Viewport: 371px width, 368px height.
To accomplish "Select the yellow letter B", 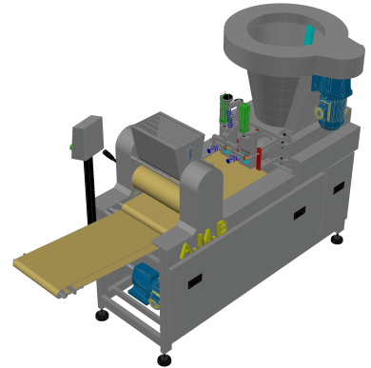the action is pos(222,227).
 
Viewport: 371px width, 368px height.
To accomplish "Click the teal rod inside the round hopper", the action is pos(309,35).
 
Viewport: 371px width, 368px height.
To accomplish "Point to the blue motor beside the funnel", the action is pos(331,102).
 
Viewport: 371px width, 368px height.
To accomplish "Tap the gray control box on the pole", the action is pos(88,138).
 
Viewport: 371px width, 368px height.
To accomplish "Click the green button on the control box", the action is pos(71,146).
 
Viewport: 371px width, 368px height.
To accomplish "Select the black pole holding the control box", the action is pos(89,190).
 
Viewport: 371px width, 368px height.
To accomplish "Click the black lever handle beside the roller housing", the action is pos(108,155).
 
